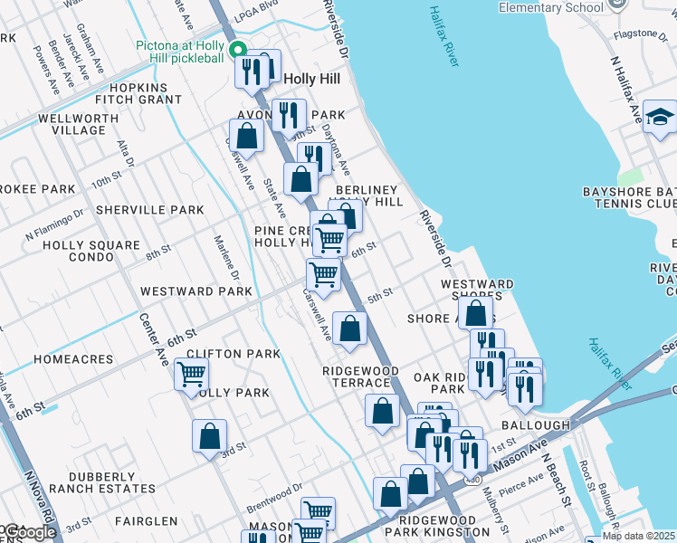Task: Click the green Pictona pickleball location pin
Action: pos(238,49)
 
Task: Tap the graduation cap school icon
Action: pos(661,118)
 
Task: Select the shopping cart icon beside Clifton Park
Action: pos(191,373)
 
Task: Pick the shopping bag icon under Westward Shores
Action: pos(476,313)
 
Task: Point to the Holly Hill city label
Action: pos(312,79)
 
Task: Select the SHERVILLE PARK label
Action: pos(150,210)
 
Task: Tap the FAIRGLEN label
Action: pos(147,521)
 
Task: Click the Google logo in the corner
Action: pos(29,532)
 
